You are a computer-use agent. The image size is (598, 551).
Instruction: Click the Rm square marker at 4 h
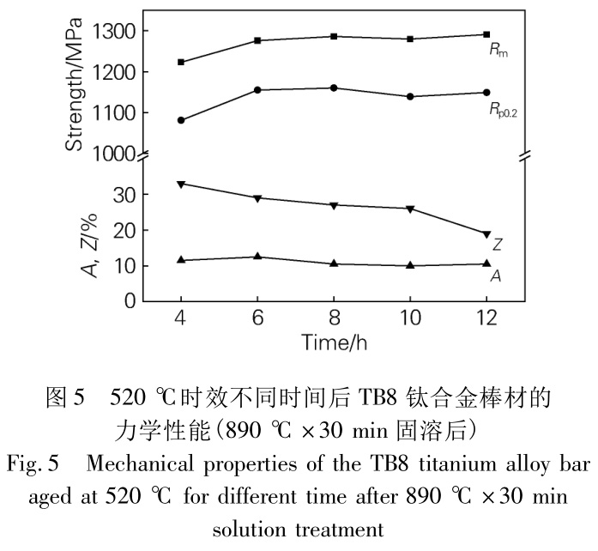[181, 62]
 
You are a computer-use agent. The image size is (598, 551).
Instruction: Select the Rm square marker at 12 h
[486, 34]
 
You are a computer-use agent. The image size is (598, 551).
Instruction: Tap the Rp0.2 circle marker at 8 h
[334, 88]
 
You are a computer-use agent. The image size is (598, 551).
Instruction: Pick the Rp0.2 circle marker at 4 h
[181, 120]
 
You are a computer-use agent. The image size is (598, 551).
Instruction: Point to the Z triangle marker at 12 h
[486, 234]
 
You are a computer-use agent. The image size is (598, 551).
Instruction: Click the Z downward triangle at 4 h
[181, 184]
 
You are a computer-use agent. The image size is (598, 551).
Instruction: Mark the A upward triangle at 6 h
[257, 257]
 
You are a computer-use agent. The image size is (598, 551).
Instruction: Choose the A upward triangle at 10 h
[410, 265]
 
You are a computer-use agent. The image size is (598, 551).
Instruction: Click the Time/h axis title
[335, 342]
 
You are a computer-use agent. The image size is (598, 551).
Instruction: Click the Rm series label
[496, 52]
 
